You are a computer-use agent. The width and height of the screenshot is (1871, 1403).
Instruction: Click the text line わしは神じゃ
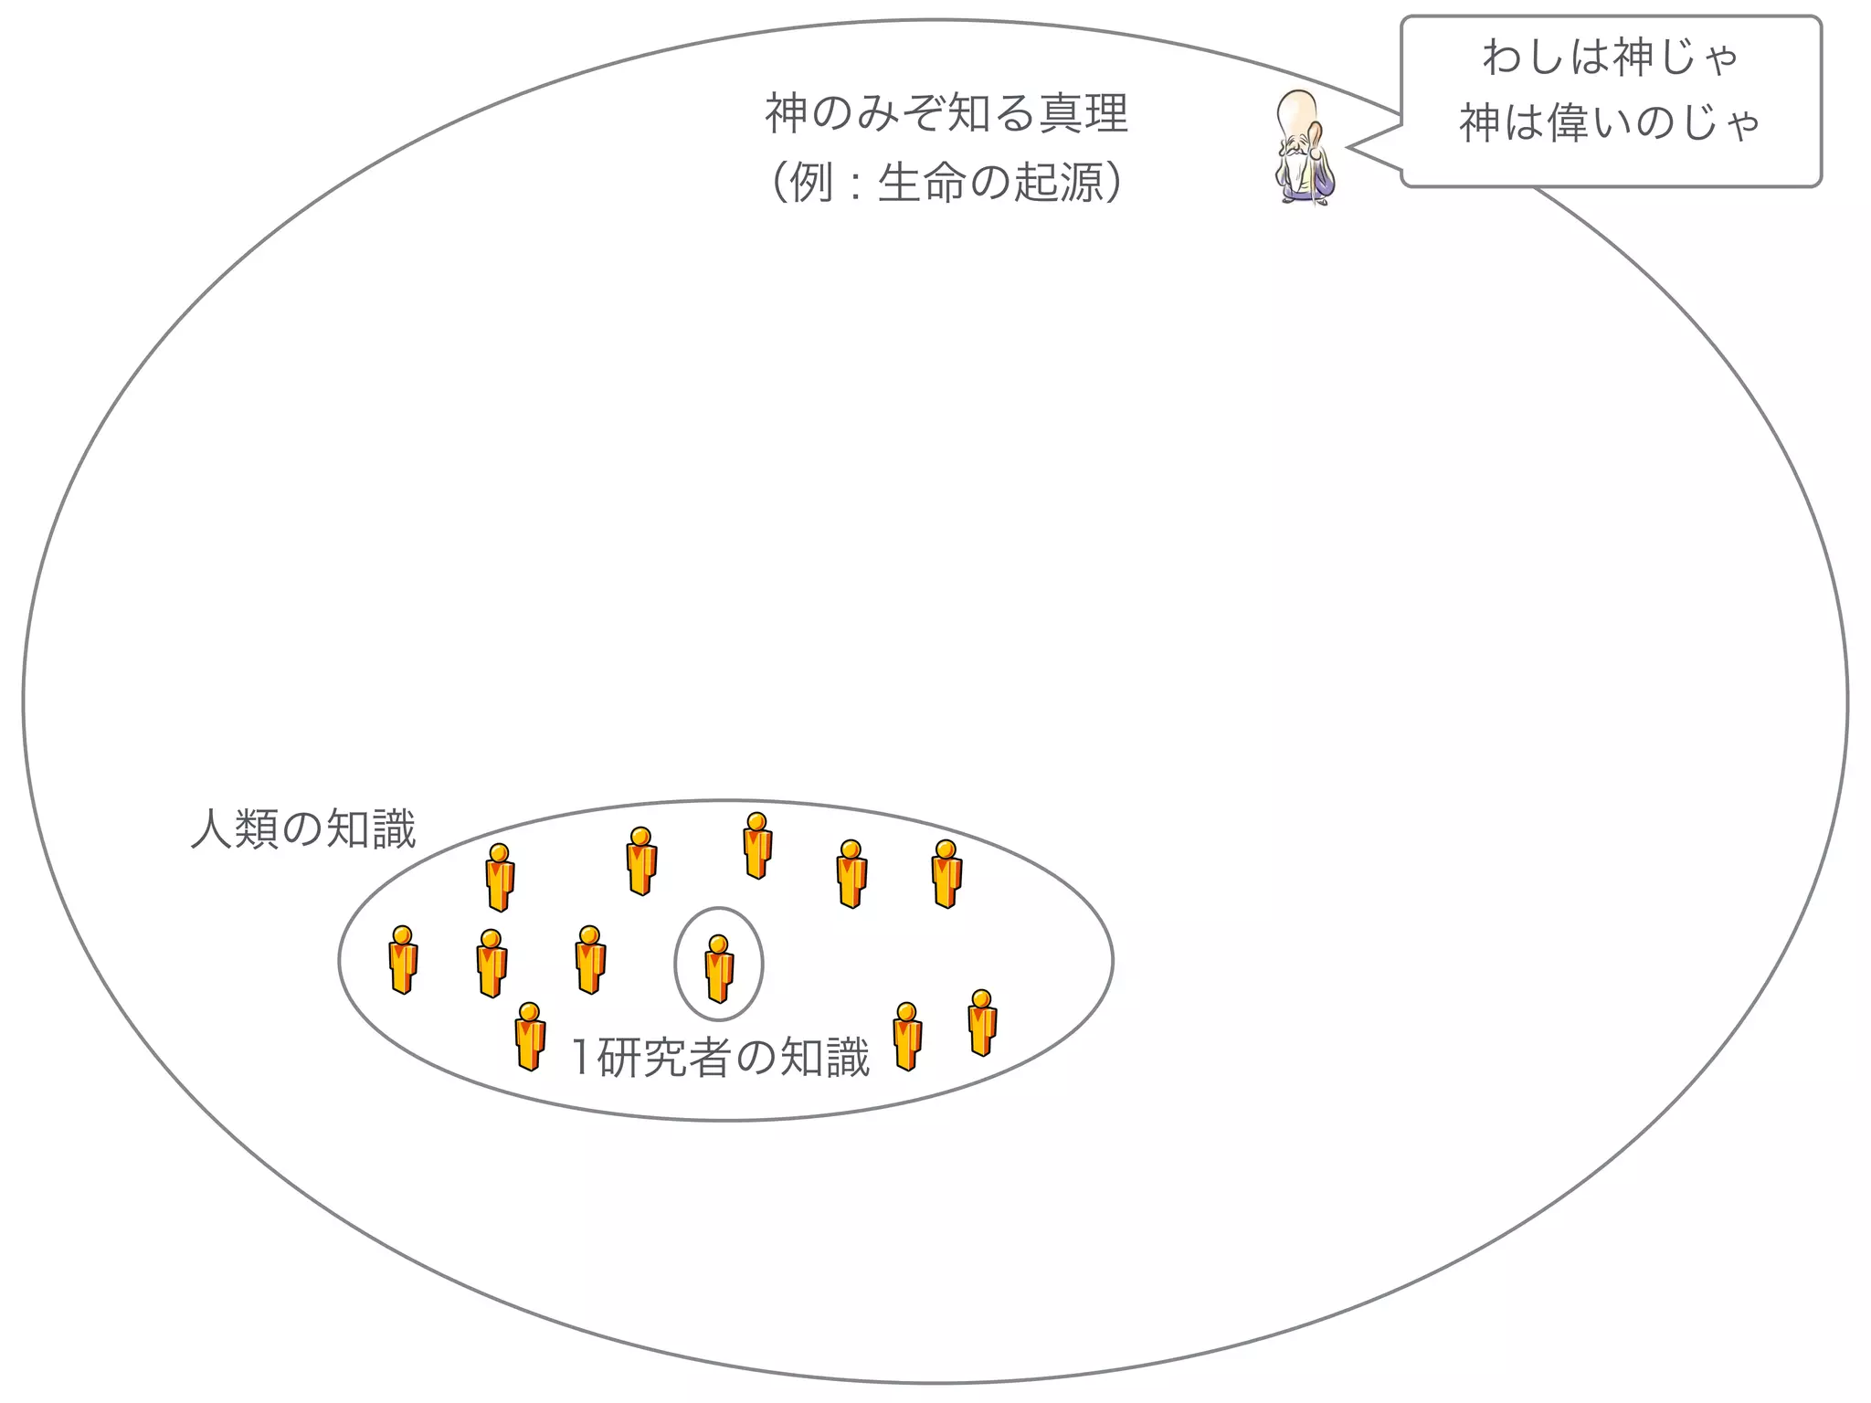click(1610, 58)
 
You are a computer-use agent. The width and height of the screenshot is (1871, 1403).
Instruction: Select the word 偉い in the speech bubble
click(1590, 122)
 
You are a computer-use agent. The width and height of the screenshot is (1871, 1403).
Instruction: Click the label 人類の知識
click(303, 829)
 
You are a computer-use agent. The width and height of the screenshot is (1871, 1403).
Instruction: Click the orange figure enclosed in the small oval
click(719, 968)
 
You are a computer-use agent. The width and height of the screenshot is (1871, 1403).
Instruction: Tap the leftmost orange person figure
click(402, 959)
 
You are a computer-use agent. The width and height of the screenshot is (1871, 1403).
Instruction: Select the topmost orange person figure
click(756, 845)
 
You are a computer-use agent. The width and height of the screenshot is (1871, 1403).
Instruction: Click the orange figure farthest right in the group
click(982, 1023)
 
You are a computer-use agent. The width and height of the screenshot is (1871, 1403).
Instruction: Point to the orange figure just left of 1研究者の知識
click(530, 1036)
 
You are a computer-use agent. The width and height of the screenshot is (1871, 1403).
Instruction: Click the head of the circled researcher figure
click(719, 944)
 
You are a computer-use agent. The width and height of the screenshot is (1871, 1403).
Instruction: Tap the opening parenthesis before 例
click(778, 183)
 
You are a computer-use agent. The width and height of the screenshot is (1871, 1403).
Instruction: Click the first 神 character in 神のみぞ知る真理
click(786, 114)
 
